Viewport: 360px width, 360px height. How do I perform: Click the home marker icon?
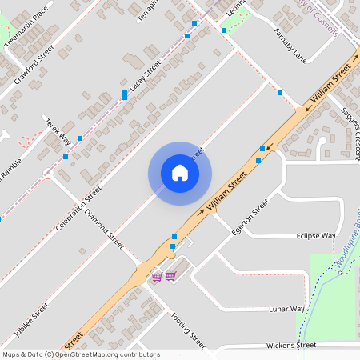180,173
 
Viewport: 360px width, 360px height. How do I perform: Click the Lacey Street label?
146,74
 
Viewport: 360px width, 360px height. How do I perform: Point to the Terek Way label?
58,132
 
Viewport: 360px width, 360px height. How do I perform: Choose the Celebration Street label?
78,210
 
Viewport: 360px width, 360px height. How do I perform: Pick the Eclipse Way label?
315,237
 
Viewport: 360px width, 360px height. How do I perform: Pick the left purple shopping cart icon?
157,277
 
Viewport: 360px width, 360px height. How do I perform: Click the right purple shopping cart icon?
170,277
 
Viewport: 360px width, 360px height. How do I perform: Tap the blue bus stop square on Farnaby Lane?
280,94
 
